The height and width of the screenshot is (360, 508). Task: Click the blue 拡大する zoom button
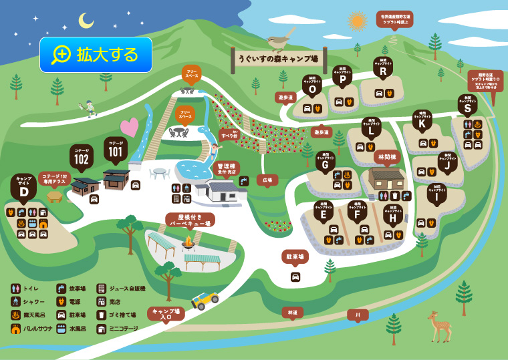[96, 54]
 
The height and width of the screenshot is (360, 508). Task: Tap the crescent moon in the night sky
[86, 21]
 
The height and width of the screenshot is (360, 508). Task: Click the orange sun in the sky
[358, 21]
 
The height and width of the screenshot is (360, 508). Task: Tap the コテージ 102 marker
[81, 157]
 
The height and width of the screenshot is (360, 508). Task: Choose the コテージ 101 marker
[116, 149]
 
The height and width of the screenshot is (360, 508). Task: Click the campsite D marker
[24, 187]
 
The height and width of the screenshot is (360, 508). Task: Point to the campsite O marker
[311, 86]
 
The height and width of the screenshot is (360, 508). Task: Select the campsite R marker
[383, 69]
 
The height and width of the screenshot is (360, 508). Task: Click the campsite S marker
[467, 106]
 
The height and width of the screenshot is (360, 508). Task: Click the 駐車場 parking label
[295, 256]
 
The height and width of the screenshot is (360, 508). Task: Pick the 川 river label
[358, 314]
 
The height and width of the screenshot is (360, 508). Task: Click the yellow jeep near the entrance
[205, 301]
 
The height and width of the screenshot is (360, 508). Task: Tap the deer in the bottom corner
[439, 325]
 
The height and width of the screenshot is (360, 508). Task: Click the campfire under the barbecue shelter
[188, 242]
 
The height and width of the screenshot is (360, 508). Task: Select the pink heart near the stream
[129, 126]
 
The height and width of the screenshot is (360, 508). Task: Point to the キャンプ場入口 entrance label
[166, 313]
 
